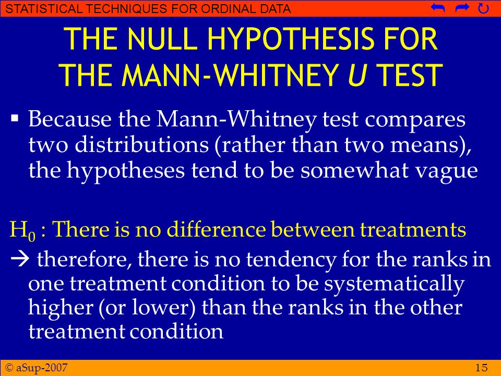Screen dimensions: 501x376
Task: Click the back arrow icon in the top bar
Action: tap(438, 8)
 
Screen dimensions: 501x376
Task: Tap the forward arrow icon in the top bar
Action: tap(462, 8)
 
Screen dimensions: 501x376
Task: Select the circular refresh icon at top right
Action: tap(483, 8)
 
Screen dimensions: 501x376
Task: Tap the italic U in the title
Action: tap(357, 75)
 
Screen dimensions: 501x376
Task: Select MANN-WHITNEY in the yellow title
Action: tap(230, 75)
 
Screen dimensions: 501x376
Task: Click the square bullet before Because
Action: tap(15, 119)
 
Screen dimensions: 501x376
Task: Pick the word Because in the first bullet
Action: tap(70, 119)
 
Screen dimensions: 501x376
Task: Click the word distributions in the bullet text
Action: tap(141, 145)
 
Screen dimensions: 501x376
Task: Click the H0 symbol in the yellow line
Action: tap(22, 230)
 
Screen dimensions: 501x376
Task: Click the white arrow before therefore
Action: tap(20, 258)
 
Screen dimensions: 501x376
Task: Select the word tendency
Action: tap(291, 259)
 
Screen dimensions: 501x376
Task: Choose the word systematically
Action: tap(394, 284)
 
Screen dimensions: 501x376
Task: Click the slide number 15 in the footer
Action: tap(482, 368)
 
